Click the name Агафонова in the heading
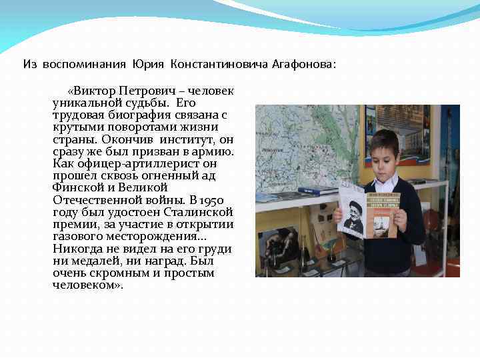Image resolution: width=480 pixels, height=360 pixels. [304, 64]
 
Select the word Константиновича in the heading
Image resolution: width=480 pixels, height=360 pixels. [219, 64]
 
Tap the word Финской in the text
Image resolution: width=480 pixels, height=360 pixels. [77, 188]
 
